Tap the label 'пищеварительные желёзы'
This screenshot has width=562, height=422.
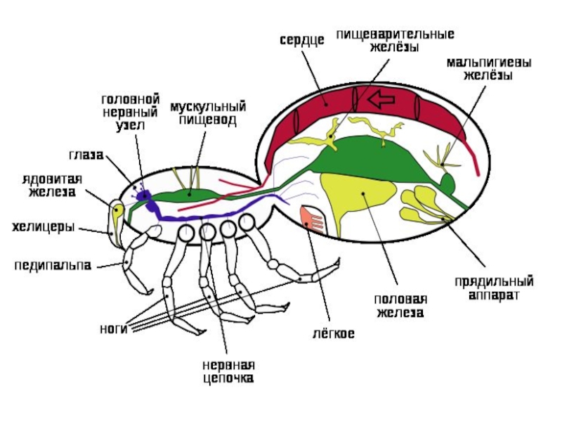pyautogui.click(x=395, y=41)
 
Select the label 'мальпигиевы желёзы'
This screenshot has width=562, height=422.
pyautogui.click(x=488, y=69)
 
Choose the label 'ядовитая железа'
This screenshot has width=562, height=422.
pyautogui.click(x=51, y=184)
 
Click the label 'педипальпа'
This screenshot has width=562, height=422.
pyautogui.click(x=53, y=265)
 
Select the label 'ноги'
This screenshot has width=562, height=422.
pyautogui.click(x=113, y=328)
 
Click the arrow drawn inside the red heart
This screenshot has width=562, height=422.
pyautogui.click(x=382, y=99)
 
